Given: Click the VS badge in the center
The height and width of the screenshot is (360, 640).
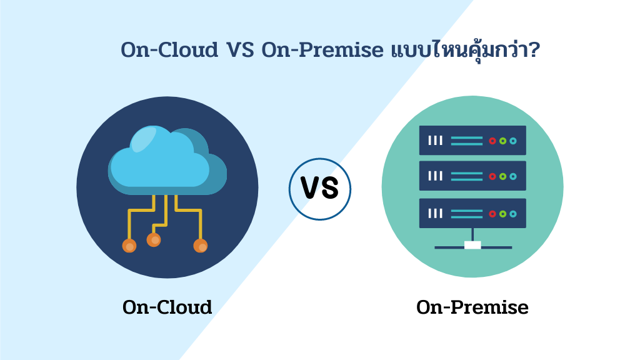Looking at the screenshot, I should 320,189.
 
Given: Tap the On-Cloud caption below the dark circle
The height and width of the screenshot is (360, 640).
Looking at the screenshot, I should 167,307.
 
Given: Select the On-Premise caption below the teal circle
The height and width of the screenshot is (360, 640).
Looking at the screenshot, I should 472,307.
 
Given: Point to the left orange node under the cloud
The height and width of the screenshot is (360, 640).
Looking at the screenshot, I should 129,245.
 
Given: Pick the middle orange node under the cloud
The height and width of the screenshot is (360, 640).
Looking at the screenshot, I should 154,239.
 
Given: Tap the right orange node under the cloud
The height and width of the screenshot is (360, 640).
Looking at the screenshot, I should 201,245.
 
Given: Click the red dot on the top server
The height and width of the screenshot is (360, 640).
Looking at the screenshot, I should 492,141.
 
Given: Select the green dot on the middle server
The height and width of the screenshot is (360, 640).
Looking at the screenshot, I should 502,177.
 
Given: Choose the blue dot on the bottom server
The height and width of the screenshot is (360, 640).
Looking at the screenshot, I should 513,213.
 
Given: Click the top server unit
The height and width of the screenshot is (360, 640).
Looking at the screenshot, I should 472,141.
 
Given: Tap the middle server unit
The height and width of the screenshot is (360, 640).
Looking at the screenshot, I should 472,177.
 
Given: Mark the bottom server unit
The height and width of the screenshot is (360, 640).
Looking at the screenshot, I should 472,213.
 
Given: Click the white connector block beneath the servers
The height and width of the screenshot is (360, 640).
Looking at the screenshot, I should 472,245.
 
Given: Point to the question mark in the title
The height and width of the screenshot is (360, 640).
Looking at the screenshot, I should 534,50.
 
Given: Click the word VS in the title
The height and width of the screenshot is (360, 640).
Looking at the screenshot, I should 238,50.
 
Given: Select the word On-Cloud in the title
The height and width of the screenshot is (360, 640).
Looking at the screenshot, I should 168,50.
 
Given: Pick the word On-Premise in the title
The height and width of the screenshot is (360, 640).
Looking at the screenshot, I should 321,50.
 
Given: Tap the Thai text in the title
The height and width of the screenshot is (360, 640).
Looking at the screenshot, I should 456,50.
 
